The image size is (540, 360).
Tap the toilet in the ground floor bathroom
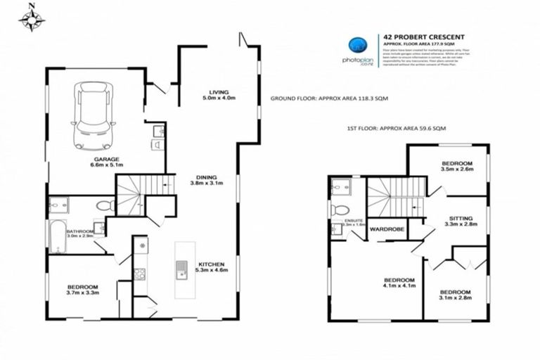pyautogui.click(x=105, y=207)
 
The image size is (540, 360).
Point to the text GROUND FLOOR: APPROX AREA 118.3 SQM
pyautogui.click(x=329, y=99)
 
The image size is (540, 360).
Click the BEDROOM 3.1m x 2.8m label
pyautogui.click(x=455, y=296)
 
